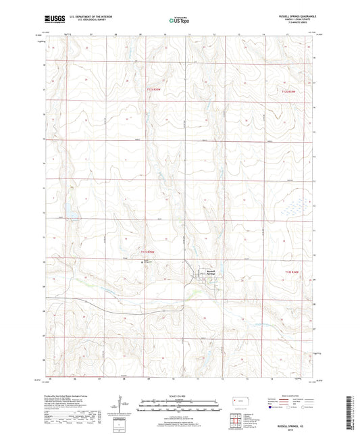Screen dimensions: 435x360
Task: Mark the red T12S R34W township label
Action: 288,91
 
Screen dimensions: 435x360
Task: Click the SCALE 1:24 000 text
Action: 178,396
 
